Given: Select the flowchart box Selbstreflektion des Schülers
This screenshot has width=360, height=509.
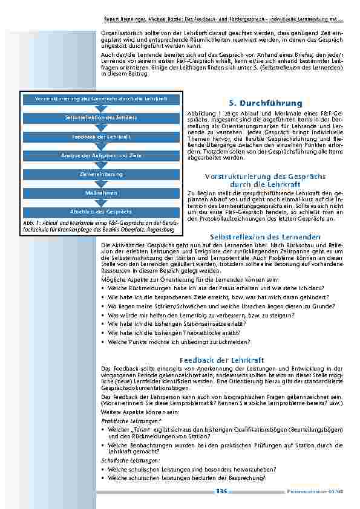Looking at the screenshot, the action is [101, 117].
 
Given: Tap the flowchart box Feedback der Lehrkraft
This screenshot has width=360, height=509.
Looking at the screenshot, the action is [101, 137].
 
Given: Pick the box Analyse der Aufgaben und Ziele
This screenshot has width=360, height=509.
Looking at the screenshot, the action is [101, 155].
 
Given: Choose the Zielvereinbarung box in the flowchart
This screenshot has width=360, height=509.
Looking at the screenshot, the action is [101, 174].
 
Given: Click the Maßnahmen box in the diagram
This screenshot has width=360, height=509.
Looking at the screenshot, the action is [101, 193].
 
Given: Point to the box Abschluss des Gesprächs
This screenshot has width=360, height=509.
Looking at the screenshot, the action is [101, 212].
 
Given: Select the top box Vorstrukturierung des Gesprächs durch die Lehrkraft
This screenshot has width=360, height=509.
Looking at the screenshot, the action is [101, 98].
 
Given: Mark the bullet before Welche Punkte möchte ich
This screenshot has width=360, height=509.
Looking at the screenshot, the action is [103, 342].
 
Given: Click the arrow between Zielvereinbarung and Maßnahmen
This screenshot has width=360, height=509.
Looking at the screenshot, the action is [101, 184].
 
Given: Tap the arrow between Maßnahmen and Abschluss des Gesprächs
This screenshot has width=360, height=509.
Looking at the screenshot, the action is [101, 203].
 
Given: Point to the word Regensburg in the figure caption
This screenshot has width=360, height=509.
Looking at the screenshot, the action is [160, 230].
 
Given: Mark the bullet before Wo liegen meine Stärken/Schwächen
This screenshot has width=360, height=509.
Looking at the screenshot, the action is [103, 306].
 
